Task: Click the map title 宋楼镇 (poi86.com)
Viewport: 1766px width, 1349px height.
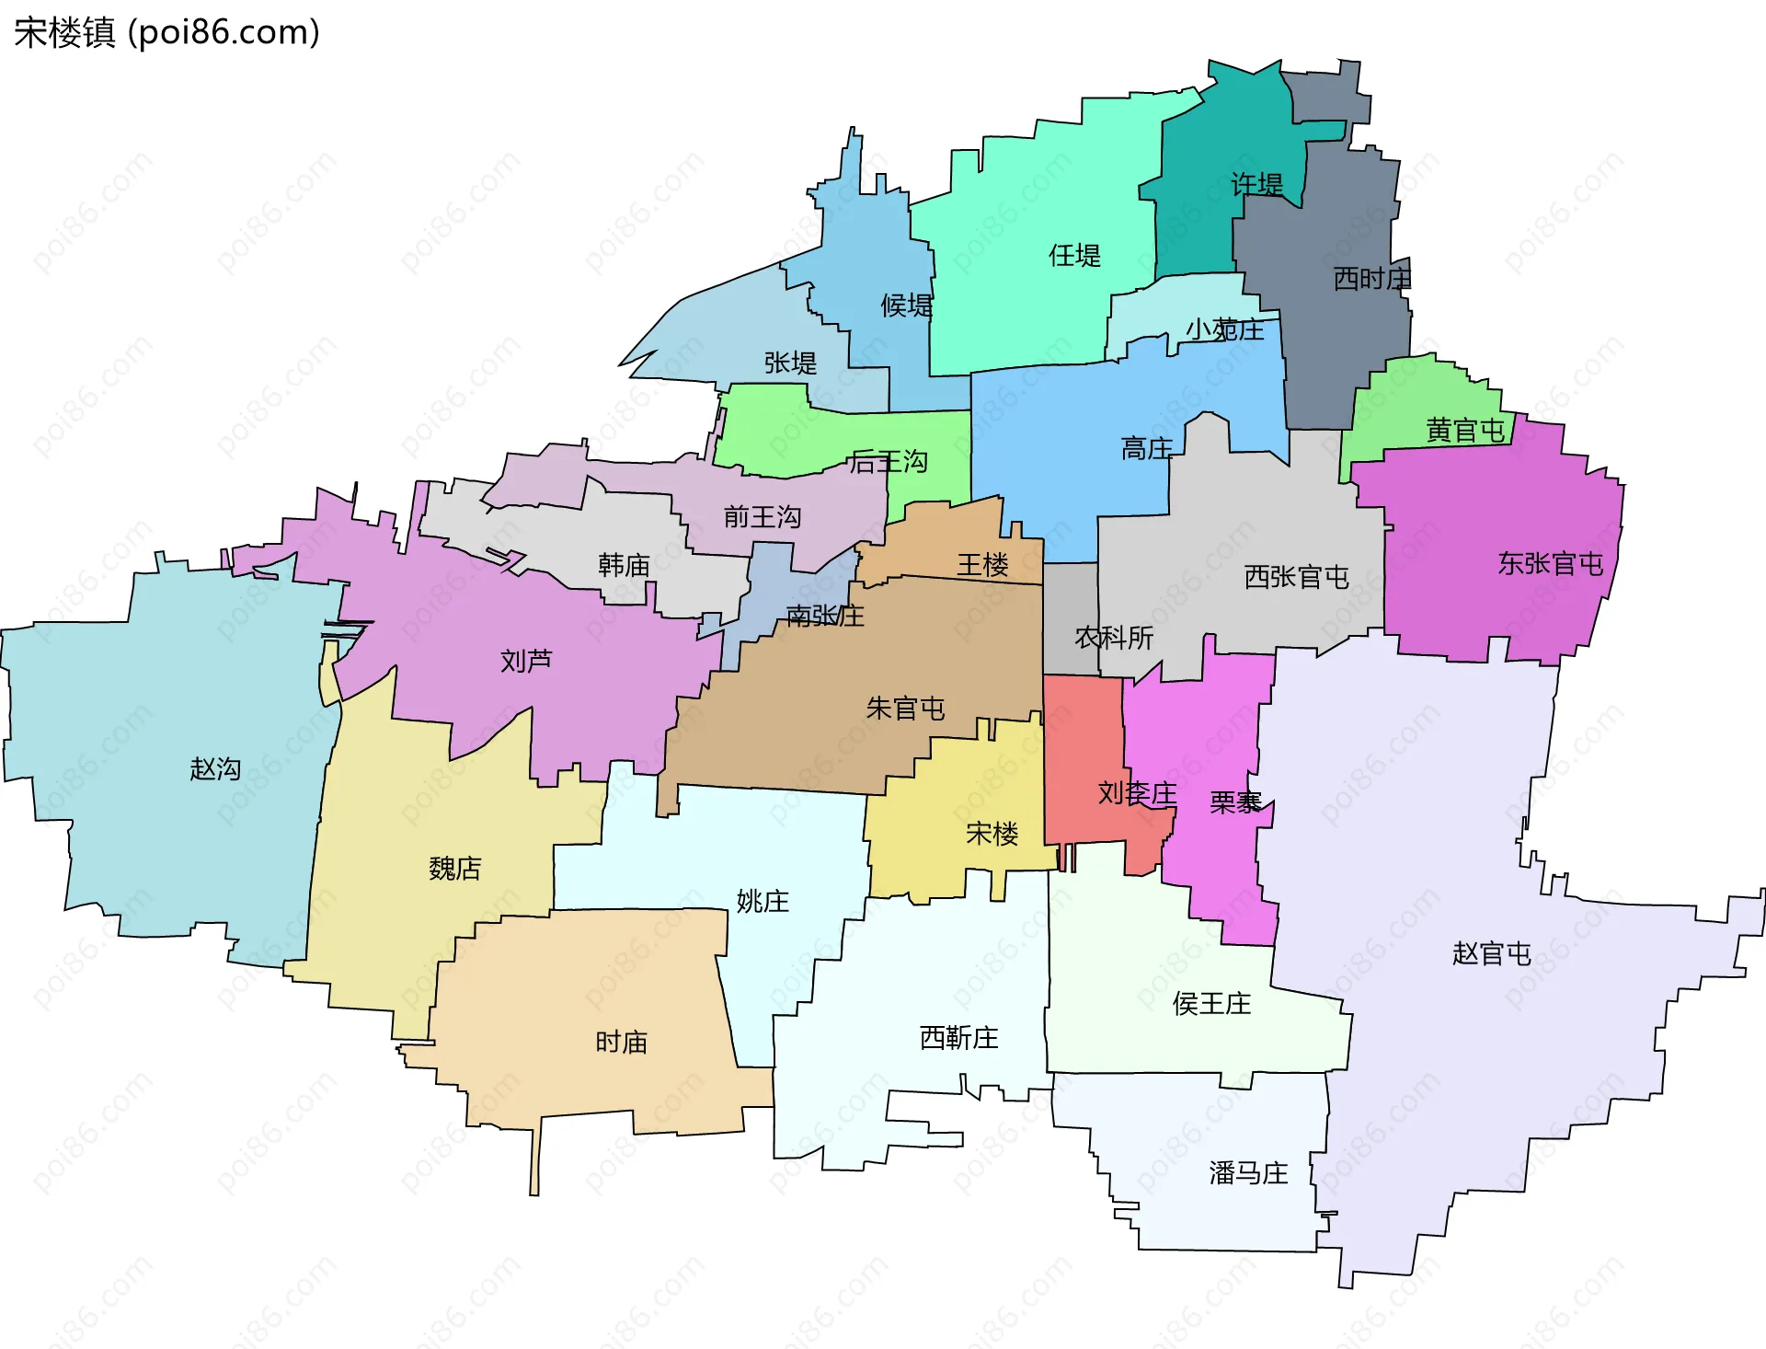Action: (x=166, y=32)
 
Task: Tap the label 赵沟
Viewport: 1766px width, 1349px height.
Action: (x=215, y=768)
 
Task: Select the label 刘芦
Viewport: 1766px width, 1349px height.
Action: (x=526, y=660)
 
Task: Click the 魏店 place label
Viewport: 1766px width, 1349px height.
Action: (x=455, y=868)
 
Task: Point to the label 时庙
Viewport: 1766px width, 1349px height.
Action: (x=622, y=1042)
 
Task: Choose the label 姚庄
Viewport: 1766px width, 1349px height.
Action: (x=763, y=901)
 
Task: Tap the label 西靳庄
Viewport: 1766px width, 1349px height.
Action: (x=959, y=1038)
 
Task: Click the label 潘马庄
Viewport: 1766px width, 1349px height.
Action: (x=1248, y=1173)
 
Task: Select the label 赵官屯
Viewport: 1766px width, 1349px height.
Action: (x=1492, y=953)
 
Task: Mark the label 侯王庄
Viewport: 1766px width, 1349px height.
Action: (x=1212, y=1003)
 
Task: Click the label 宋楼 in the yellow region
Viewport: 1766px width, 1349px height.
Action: (x=992, y=834)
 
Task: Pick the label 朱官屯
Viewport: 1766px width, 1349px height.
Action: (x=906, y=708)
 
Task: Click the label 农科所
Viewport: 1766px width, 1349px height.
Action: (x=1114, y=637)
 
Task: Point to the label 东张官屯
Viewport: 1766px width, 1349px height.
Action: (x=1551, y=563)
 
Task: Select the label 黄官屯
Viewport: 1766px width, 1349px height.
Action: (x=1465, y=430)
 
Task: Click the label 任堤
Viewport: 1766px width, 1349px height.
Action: (x=1075, y=255)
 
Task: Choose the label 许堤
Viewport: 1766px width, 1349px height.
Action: (x=1257, y=184)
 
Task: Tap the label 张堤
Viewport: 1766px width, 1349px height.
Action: (x=791, y=363)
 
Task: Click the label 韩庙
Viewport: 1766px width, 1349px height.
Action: (x=625, y=564)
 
